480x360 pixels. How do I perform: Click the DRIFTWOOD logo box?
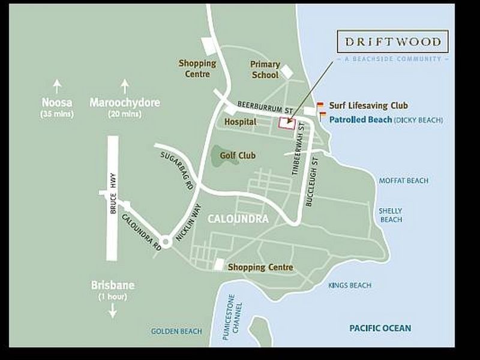tap(392, 42)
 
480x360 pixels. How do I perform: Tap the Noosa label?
tap(57, 103)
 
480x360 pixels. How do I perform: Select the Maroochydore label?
tap(125, 103)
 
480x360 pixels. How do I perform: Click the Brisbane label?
tap(112, 285)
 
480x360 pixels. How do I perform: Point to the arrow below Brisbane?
tap(112, 311)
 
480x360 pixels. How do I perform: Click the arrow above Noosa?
tap(57, 84)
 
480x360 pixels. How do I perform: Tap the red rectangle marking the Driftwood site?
tap(287, 122)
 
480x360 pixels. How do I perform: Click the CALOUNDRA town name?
tap(238, 219)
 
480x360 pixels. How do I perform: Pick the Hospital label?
tap(240, 122)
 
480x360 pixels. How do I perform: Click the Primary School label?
tap(265, 70)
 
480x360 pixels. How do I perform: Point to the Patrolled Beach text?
tap(361, 120)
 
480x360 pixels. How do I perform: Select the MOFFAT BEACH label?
tap(407, 181)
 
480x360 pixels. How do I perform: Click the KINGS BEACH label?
tap(350, 285)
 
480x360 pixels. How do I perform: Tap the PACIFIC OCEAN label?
tap(380, 328)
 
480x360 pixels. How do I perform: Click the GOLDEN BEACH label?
tap(176, 331)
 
